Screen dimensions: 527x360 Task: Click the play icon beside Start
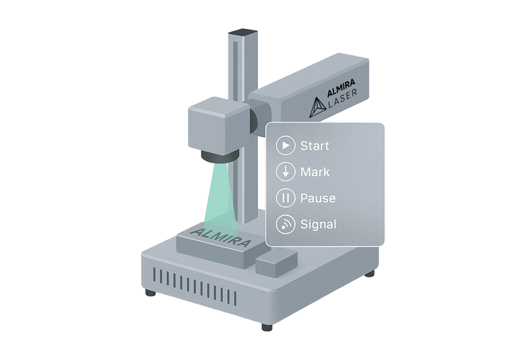(x=285, y=146)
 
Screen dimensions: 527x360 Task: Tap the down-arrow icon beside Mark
(x=285, y=172)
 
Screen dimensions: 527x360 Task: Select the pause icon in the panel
(x=285, y=198)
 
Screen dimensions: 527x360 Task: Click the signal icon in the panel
(x=285, y=224)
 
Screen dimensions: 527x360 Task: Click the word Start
(x=314, y=146)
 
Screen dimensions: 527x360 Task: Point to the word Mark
(x=315, y=172)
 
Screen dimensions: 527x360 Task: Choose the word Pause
(x=318, y=198)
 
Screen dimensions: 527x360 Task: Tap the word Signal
(x=318, y=225)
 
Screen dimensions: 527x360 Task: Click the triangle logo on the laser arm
(x=317, y=107)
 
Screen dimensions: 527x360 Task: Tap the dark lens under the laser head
(x=219, y=156)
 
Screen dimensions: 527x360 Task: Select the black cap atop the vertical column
(x=243, y=33)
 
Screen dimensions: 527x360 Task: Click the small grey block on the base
(x=276, y=262)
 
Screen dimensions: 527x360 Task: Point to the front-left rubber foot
(x=150, y=292)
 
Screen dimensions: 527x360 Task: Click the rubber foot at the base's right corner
(x=370, y=274)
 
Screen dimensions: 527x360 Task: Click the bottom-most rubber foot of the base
(x=267, y=327)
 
